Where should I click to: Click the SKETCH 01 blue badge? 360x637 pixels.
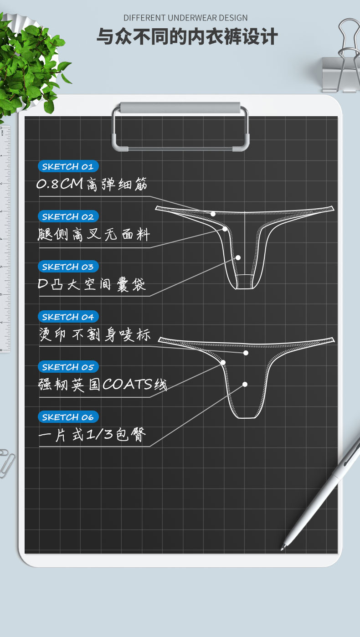point(68,166)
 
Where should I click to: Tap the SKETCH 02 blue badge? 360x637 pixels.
point(68,216)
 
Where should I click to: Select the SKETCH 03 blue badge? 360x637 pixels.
point(68,267)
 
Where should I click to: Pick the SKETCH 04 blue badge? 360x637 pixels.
point(68,317)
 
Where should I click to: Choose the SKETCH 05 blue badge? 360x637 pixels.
point(68,367)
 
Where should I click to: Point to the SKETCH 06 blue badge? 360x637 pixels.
point(68,417)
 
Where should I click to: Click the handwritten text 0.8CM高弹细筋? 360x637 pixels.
point(92,185)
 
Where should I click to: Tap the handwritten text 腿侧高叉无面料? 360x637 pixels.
point(94,235)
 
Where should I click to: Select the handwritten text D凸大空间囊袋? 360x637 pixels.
point(92,285)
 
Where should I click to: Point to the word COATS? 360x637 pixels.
point(128,385)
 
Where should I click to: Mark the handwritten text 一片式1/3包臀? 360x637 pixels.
point(92,435)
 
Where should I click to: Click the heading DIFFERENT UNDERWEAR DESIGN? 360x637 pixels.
point(185,18)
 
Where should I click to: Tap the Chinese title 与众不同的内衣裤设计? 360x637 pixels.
point(187,37)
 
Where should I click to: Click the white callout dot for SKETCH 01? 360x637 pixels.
point(213,214)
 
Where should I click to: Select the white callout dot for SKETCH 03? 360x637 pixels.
point(238,257)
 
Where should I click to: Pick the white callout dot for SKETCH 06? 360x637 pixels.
point(245,384)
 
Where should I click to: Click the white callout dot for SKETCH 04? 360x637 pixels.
point(246,353)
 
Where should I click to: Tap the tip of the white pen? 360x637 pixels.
point(283,548)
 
